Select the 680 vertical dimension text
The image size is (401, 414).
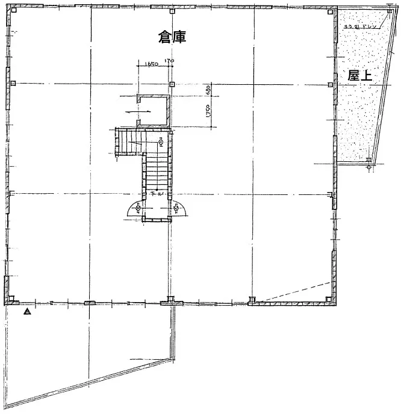(207, 90)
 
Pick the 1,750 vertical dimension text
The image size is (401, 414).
(207, 113)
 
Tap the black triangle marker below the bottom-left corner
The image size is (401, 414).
(26, 312)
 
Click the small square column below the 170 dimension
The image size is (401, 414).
(172, 84)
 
